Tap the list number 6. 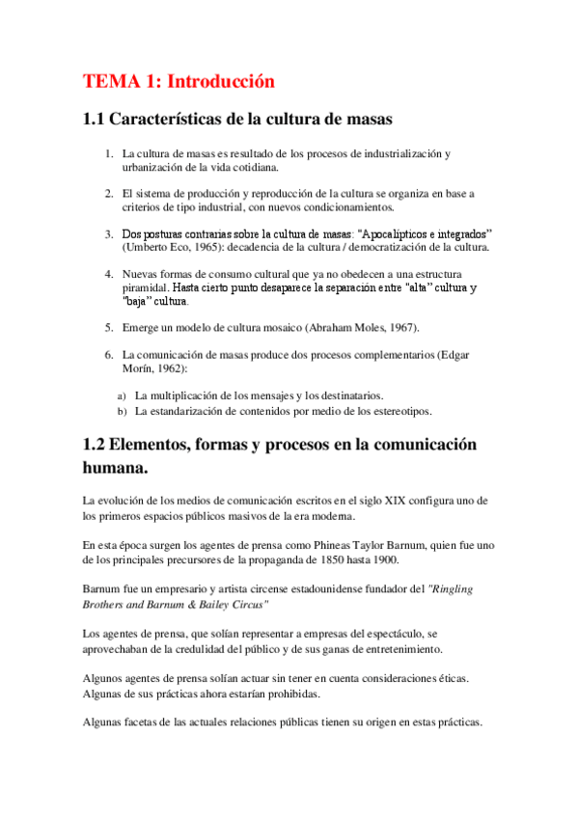coord(109,356)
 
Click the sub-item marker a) coord(122,395)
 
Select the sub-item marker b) coord(122,411)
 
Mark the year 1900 coord(376,561)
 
